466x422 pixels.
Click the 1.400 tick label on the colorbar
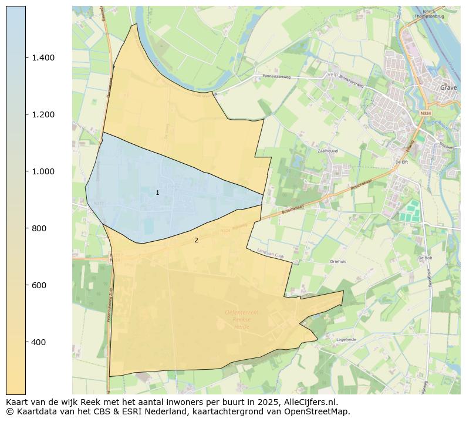tap(43, 58)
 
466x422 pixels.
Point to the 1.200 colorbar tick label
tap(43, 114)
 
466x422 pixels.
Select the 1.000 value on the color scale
tap(43, 171)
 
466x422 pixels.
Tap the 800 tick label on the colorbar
tap(39, 228)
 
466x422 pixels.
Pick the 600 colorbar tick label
tap(39, 285)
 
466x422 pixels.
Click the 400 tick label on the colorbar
tap(39, 342)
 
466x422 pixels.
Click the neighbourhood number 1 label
tap(157, 193)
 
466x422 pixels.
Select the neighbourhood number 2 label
tap(196, 240)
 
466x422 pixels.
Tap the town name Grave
tap(448, 87)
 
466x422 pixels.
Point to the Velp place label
tap(333, 75)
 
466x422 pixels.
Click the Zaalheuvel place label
tap(329, 151)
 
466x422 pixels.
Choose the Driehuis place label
tap(339, 262)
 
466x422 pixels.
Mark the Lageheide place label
tap(346, 339)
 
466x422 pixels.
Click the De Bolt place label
tap(426, 258)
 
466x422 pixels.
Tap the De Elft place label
tap(401, 162)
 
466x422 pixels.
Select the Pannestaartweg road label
tap(277, 76)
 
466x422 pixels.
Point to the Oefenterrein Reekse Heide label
tap(241, 319)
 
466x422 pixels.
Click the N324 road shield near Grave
tap(426, 113)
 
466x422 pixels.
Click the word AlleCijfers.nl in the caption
tap(307, 403)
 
